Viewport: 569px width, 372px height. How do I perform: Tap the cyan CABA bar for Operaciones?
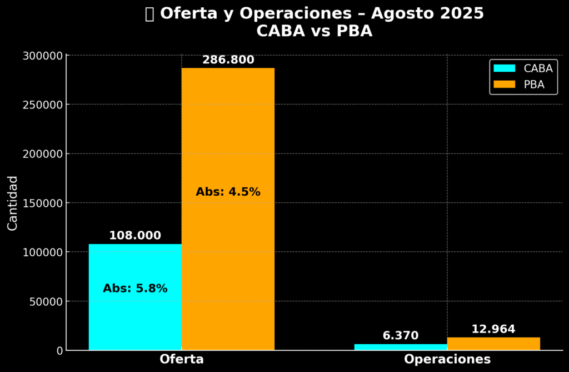pos(401,347)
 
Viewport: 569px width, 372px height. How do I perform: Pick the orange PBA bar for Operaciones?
pos(493,344)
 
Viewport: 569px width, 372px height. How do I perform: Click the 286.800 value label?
pos(228,60)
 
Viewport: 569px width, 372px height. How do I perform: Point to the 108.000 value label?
pos(135,236)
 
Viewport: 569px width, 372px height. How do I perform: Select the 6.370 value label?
pos(401,336)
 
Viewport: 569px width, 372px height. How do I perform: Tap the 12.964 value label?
pos(493,329)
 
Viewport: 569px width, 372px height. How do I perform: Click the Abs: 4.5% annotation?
pos(228,192)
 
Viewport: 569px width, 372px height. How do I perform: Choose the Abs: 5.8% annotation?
pos(135,289)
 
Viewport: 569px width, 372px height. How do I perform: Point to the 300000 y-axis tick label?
pos(43,56)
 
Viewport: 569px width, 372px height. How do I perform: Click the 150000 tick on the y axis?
pos(43,203)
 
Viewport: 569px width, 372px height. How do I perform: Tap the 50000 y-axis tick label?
pos(46,301)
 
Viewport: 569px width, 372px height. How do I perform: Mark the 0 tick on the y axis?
pos(59,351)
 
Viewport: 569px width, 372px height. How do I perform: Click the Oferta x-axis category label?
pos(182,359)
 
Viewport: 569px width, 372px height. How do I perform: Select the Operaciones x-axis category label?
pos(447,359)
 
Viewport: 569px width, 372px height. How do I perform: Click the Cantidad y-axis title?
pos(13,203)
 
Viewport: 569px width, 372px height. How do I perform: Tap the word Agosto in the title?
pos(400,13)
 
